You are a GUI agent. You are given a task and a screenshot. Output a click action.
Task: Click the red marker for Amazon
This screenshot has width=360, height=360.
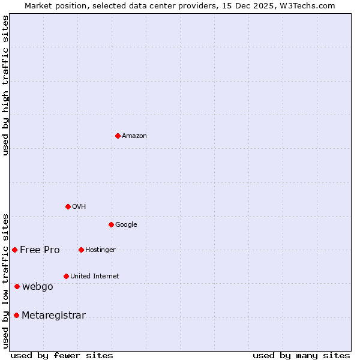coord(118,136)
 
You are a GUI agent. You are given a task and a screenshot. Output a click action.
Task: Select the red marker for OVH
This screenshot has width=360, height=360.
coord(68,206)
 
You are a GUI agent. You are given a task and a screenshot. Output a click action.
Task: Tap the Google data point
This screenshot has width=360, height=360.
coord(111,224)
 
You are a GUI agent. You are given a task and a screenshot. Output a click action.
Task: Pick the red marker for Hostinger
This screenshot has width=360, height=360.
coord(81,250)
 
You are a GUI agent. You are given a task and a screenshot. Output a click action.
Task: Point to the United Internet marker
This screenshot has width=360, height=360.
coord(66,276)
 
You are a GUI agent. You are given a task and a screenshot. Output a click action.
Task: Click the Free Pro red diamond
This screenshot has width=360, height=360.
coord(14,250)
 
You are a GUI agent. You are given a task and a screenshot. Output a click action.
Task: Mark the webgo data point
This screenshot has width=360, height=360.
coord(17,286)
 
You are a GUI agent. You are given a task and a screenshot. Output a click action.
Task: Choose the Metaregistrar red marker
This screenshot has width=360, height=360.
coord(16,315)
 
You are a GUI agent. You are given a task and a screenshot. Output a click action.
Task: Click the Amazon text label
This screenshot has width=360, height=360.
coord(134,136)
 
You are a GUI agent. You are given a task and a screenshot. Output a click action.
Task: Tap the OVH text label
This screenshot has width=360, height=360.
coord(79,207)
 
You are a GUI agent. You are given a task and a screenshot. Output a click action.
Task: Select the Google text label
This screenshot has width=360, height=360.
coord(126,225)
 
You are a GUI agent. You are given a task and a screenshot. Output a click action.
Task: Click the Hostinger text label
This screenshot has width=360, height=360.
coord(100,250)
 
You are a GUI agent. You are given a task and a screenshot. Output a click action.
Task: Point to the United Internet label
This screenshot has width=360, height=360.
coord(94,277)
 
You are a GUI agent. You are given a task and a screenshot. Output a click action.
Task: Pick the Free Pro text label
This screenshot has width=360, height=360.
coord(40,250)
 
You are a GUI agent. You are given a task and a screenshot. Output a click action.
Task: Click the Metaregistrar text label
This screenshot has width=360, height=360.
coord(53,316)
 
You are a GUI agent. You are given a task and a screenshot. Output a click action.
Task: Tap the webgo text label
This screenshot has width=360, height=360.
coord(38,287)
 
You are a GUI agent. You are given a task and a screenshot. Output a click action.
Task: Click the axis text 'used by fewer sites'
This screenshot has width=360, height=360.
coord(62,355)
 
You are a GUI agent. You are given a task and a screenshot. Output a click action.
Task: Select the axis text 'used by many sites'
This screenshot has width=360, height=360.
coord(301,355)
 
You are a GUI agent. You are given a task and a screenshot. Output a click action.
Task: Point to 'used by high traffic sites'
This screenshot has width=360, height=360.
coord(6,85)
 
